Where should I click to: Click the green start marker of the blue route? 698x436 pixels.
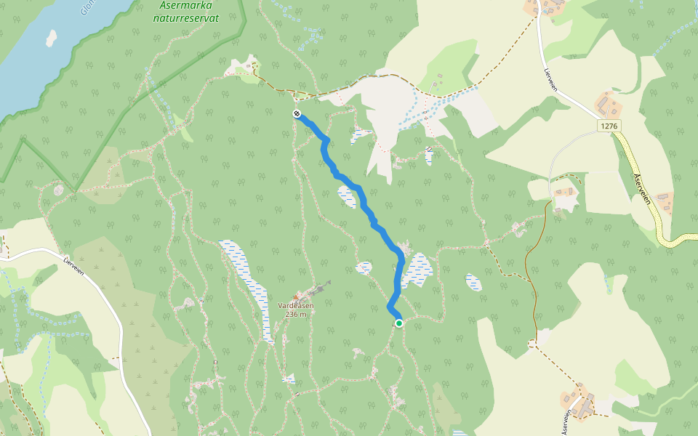click(398, 323)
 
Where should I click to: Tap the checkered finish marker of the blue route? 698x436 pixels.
click(297, 113)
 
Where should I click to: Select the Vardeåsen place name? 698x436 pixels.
click(295, 306)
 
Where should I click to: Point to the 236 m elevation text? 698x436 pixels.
click(295, 314)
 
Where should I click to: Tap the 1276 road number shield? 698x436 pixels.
click(609, 126)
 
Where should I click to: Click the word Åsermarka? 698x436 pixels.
click(181, 5)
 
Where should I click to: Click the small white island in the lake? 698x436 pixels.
click(51, 38)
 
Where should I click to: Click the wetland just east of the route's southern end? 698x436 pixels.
click(418, 270)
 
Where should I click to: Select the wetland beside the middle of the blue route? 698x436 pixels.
click(348, 196)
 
